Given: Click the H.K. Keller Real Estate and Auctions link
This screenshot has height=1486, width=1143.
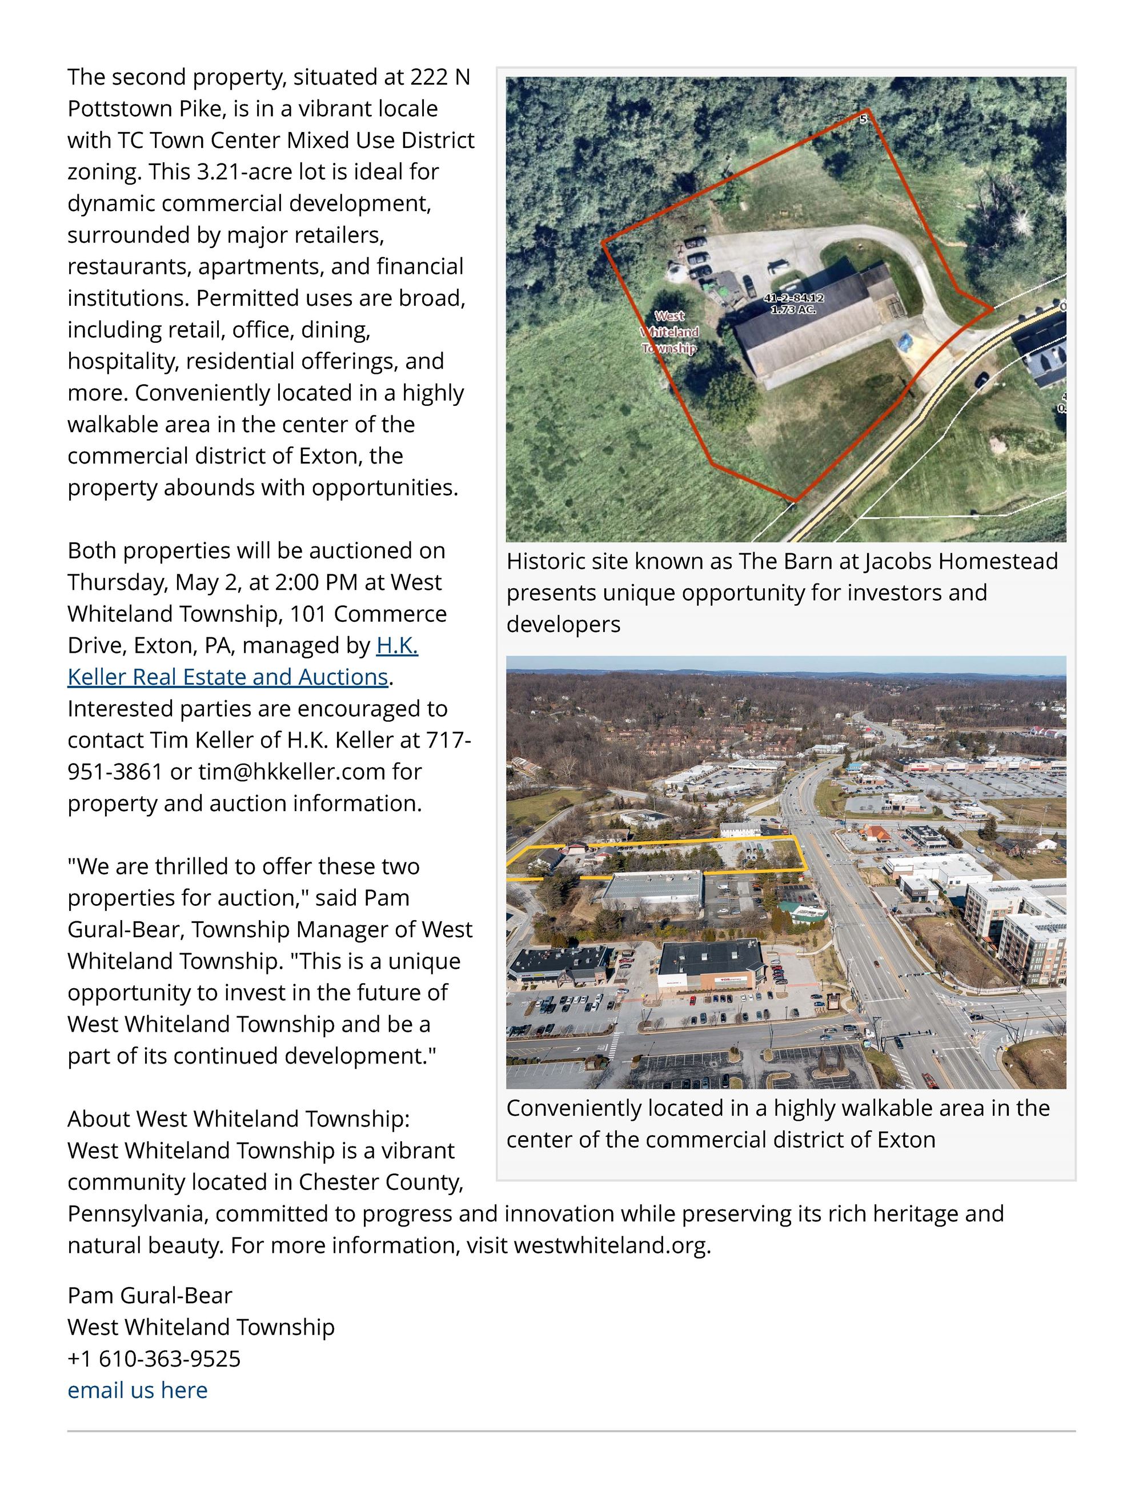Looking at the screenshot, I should pyautogui.click(x=227, y=676).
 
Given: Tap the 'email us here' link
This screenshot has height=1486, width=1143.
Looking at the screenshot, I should pyautogui.click(x=137, y=1390).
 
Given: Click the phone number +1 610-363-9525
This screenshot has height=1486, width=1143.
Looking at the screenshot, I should pyautogui.click(x=154, y=1359).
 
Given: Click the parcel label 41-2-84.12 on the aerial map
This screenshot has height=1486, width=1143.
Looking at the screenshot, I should pyautogui.click(x=793, y=298).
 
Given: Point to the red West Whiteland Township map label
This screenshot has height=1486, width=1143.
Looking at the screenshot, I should pyautogui.click(x=669, y=332).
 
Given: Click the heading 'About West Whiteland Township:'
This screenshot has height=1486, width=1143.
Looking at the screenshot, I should pyautogui.click(x=239, y=1119).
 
